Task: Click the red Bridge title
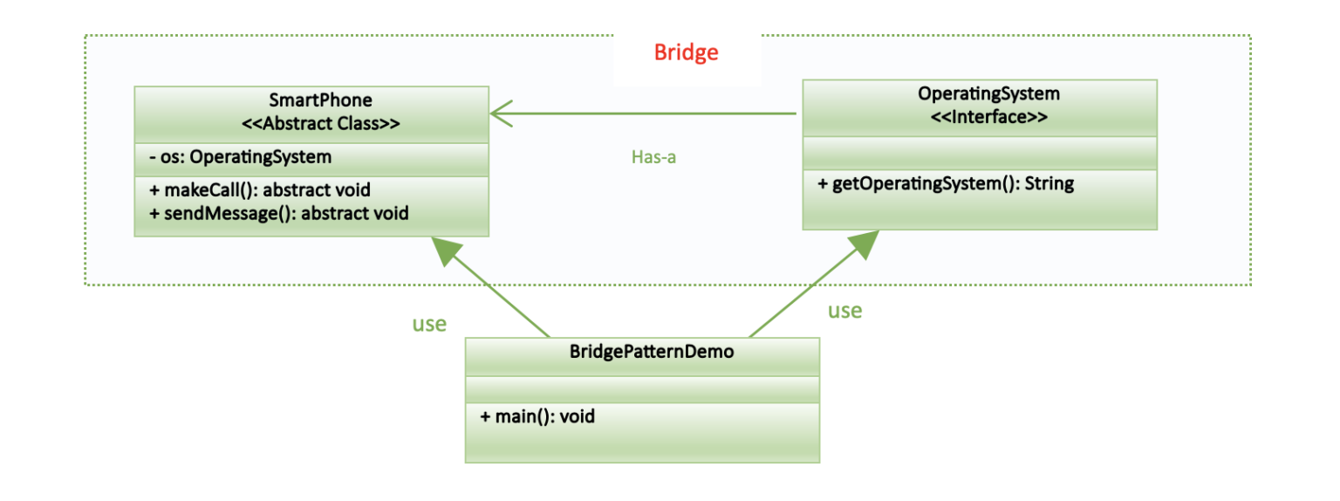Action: [687, 52]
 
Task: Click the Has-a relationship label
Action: [653, 157]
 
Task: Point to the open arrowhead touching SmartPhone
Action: [502, 113]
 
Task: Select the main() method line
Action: [537, 416]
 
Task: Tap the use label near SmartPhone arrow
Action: [429, 324]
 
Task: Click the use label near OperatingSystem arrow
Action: [844, 310]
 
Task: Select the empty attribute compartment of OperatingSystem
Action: [979, 153]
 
